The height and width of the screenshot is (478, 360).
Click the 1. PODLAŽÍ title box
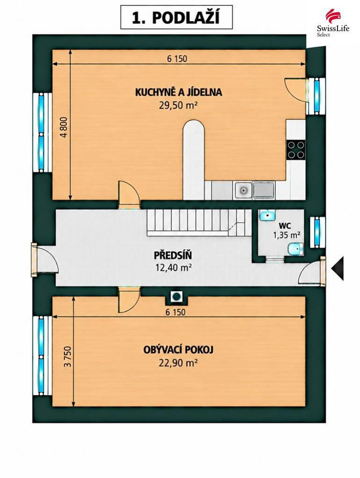point(176,17)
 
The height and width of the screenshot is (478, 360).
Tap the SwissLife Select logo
point(333,23)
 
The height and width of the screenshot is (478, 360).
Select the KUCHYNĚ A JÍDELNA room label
point(179,92)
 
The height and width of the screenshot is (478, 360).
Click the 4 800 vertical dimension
point(65,128)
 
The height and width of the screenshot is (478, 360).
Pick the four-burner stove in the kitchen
point(295,150)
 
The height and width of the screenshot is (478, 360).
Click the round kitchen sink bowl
point(243,191)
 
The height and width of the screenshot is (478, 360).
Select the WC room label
point(285,226)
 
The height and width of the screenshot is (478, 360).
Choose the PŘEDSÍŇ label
point(173,255)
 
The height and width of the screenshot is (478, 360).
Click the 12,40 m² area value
point(173,268)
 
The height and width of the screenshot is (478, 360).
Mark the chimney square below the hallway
point(176,296)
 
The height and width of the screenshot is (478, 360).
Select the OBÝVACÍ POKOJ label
point(178,349)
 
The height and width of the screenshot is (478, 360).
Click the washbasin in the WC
point(267,215)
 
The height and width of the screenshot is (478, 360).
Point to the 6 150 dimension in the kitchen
point(177,58)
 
